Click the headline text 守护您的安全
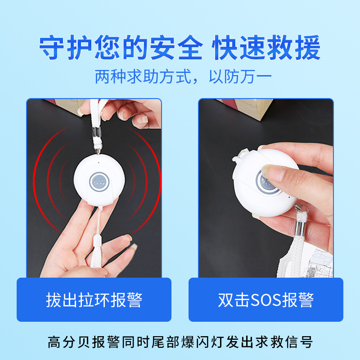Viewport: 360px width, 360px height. pyautogui.click(x=121, y=48)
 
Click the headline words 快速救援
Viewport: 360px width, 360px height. pyautogui.click(x=266, y=48)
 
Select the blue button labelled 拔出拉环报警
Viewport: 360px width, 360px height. pyautogui.click(x=94, y=300)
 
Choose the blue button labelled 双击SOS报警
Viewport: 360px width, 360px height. pyautogui.click(x=265, y=300)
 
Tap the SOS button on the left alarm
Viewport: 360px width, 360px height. pyautogui.click(x=99, y=182)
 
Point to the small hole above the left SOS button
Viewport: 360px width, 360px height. pyautogui.click(x=98, y=160)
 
